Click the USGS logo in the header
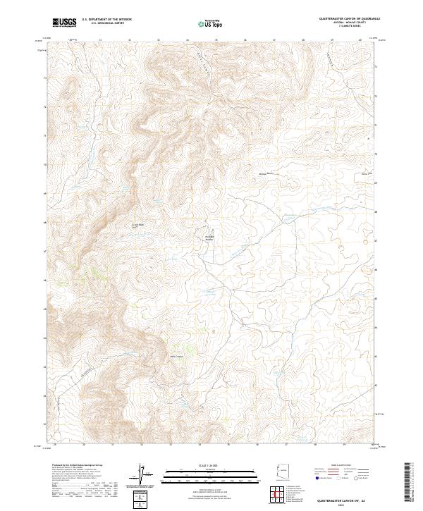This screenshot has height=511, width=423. point(65,23)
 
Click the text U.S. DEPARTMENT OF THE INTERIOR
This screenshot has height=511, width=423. point(106,20)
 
